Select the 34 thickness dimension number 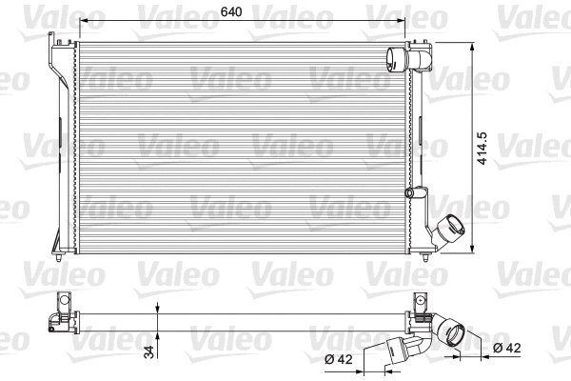(148, 352)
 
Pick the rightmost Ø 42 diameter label (506, 350)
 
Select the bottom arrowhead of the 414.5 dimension (473, 251)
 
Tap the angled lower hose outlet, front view (448, 231)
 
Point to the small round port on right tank (412, 194)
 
